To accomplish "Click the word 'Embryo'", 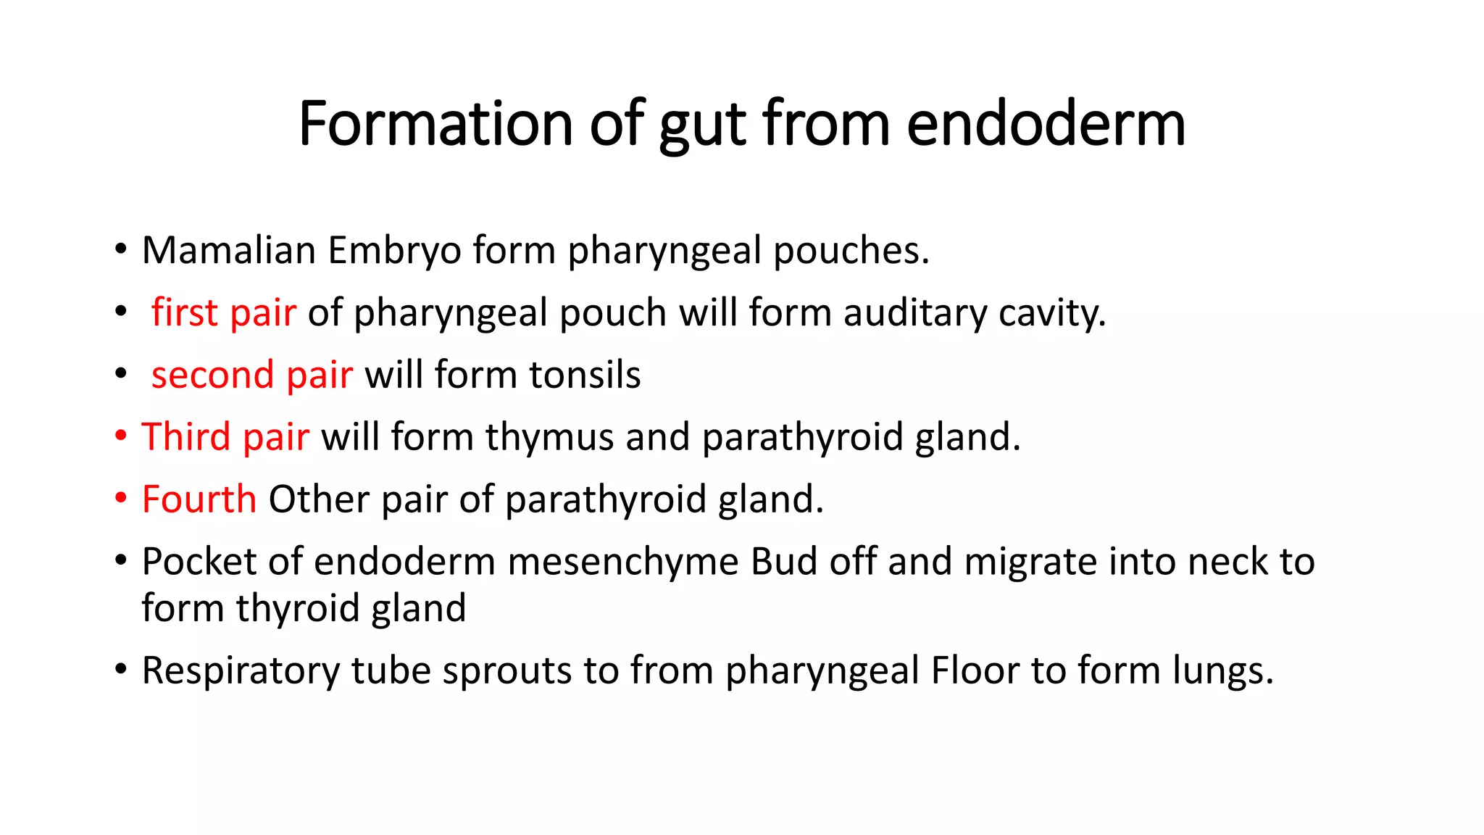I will pos(394,252).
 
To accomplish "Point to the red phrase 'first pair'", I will pos(223,313).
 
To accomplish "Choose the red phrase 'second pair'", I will pos(251,375).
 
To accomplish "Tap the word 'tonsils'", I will pos(585,375).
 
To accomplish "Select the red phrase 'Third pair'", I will pos(225,438).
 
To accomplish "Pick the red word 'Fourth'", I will pos(199,500).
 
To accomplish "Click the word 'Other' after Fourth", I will pos(319,500).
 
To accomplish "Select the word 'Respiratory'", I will pos(241,671).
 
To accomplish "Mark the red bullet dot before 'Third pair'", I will pos(121,436).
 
